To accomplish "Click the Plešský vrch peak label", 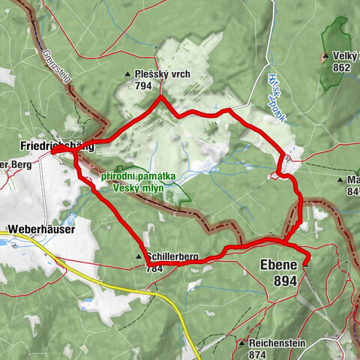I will (158, 76).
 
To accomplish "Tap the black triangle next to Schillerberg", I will (138, 257).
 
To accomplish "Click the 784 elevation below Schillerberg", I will (154, 267).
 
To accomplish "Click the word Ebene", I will (278, 265).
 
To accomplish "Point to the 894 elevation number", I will (286, 280).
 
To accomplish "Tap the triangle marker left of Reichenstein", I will (241, 343).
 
